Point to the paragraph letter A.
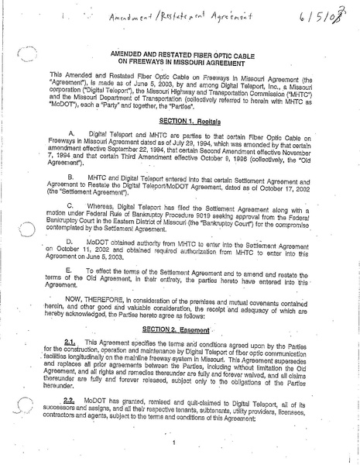tap(94, 133)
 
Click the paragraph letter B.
tap(94, 177)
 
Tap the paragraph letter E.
tap(94, 270)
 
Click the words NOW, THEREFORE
tap(118, 298)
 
